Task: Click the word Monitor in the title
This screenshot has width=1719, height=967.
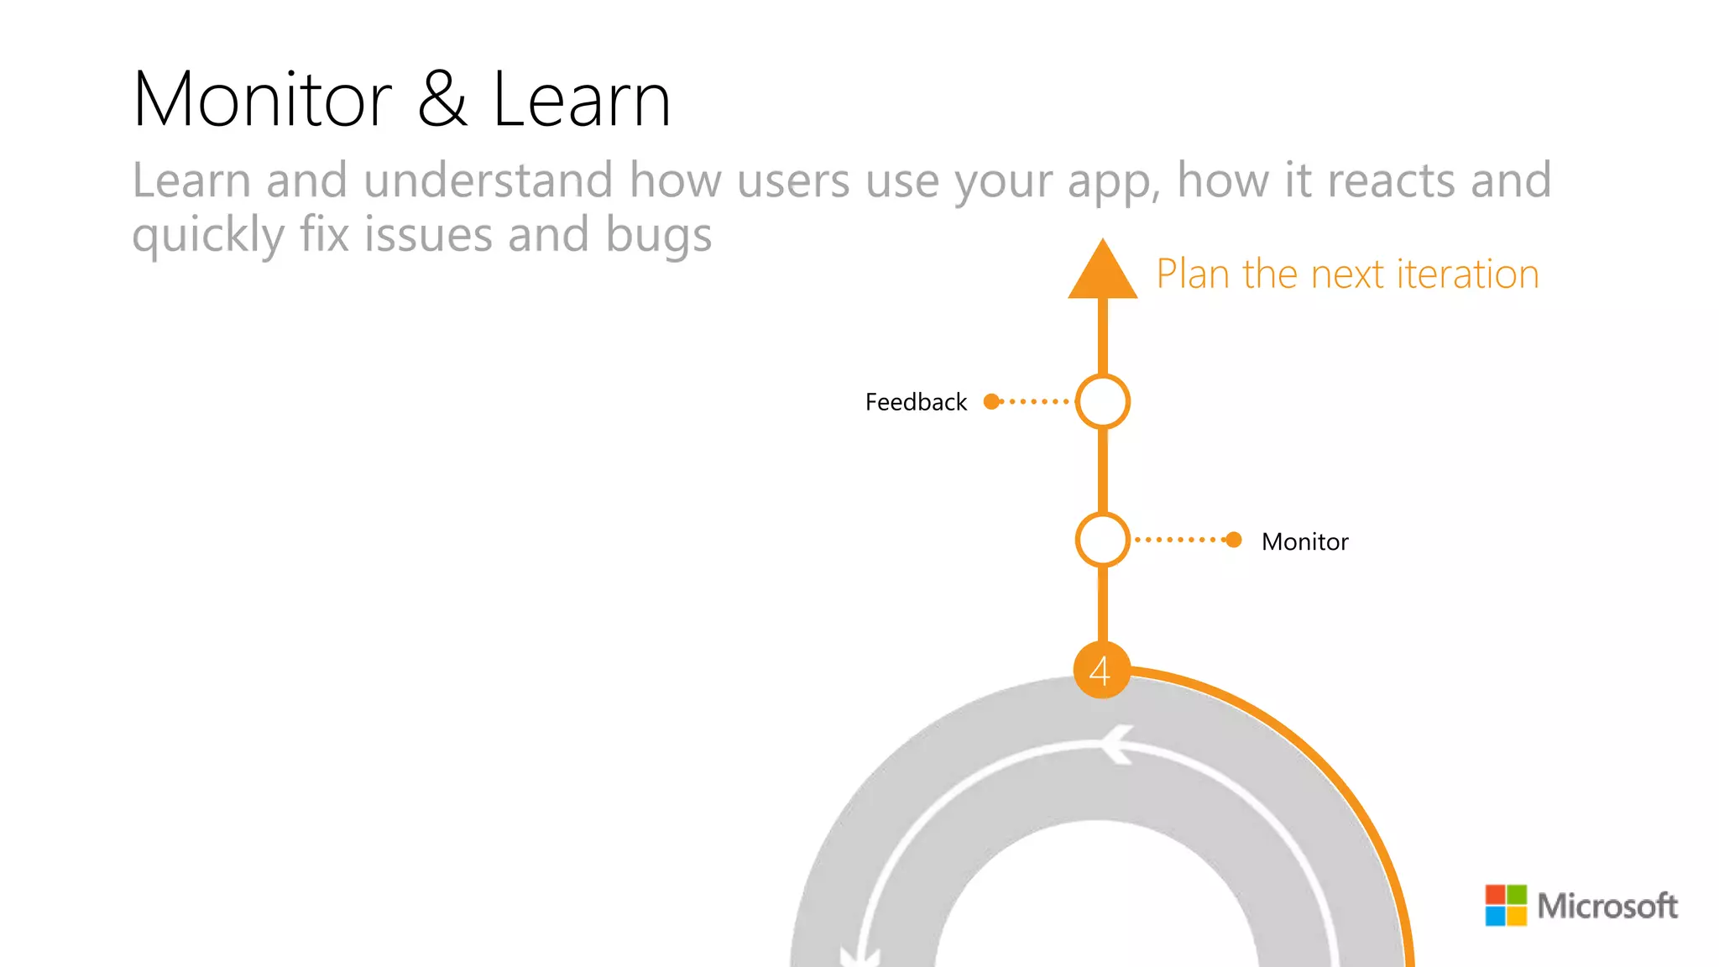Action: (262, 100)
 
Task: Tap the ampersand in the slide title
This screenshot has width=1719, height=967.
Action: (442, 100)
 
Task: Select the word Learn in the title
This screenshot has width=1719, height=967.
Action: (581, 100)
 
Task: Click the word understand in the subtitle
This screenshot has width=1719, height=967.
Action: (489, 180)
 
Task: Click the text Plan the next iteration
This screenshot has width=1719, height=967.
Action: (1347, 274)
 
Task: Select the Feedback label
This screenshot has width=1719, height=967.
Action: (916, 402)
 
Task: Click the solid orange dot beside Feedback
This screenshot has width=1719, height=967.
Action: (992, 401)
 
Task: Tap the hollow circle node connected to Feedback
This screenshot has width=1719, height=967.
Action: (1103, 401)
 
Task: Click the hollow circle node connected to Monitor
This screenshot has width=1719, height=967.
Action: (1102, 540)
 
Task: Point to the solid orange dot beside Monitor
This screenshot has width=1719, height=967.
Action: (1233, 540)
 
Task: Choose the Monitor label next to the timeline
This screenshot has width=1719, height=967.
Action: (1304, 541)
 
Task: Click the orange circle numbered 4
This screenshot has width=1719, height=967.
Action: (1101, 670)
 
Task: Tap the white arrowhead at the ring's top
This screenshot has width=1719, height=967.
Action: (1116, 744)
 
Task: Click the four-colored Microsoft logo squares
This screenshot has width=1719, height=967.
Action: (1506, 905)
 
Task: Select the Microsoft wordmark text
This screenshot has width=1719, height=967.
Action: (1607, 906)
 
